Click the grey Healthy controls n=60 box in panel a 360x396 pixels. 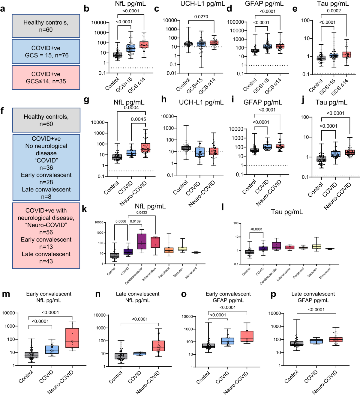point(46,26)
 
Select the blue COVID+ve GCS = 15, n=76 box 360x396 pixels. point(46,52)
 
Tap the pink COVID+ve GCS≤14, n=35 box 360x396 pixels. point(46,77)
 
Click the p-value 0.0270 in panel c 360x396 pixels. point(201,17)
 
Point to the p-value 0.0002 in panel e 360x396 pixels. point(334,11)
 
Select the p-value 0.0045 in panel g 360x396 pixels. point(138,119)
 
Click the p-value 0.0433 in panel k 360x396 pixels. point(142,213)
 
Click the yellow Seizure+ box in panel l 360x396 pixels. point(316,246)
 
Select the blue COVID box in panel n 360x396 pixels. point(139,354)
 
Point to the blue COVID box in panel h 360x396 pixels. point(200,152)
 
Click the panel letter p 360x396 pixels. point(273,295)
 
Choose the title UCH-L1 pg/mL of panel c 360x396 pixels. point(202,4)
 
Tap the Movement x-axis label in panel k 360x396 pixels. point(191,273)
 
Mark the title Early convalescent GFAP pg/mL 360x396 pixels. point(228,297)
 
